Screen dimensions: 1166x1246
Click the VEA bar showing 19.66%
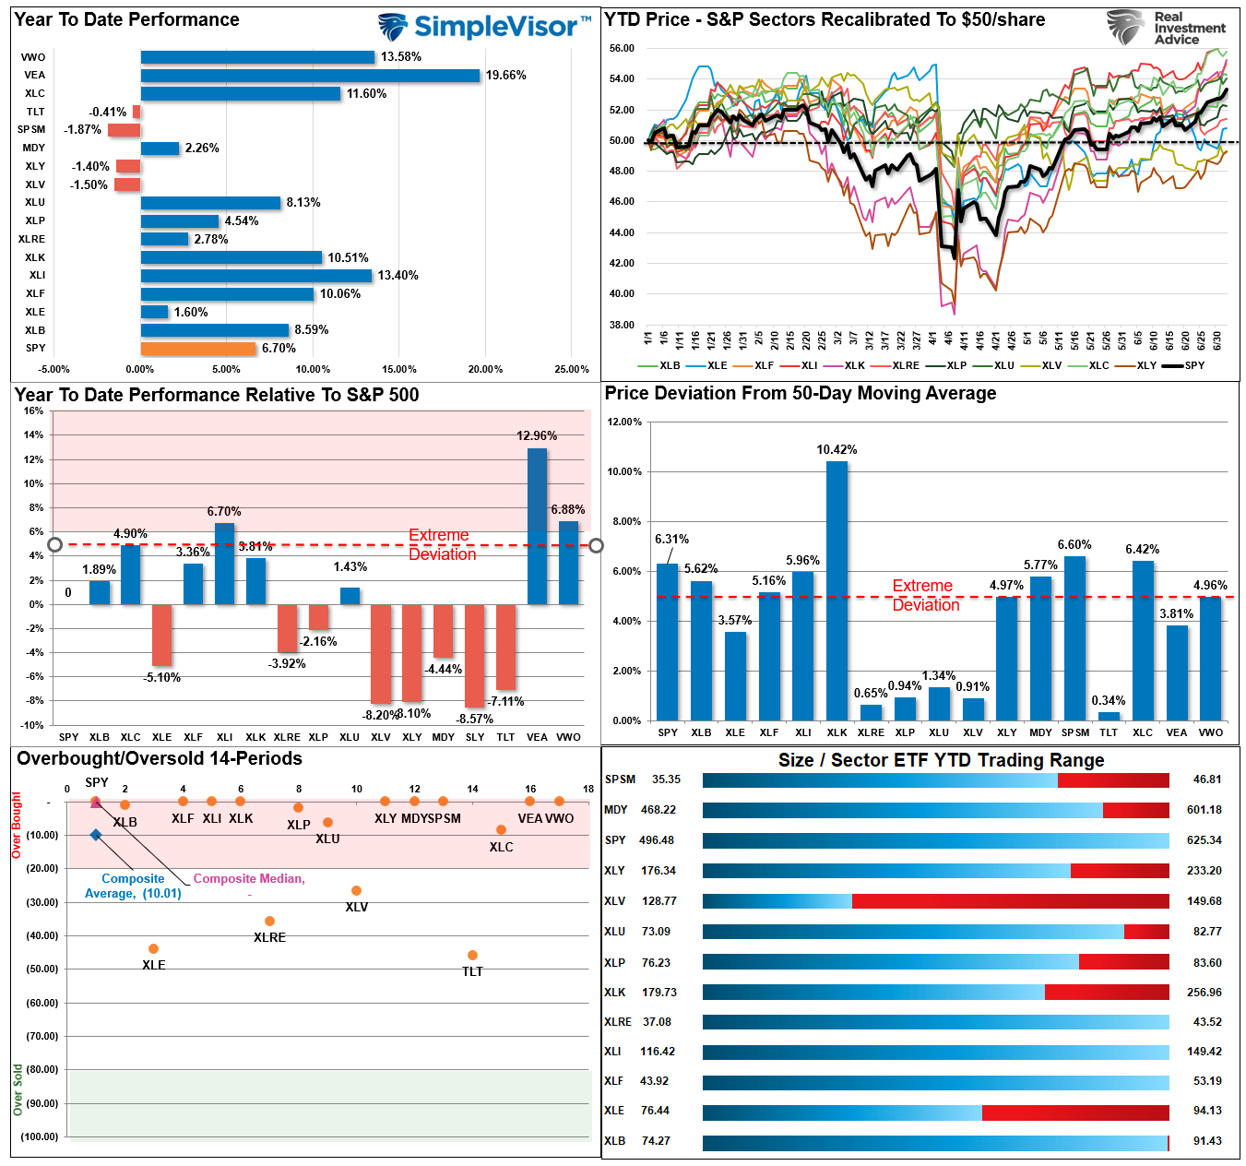(310, 76)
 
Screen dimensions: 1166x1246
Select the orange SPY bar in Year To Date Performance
(198, 349)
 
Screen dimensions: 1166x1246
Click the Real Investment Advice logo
(1167, 28)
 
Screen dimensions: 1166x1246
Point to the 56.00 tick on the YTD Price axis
(622, 48)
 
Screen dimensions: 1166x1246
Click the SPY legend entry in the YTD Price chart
(1184, 366)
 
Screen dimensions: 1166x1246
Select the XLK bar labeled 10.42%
(837, 590)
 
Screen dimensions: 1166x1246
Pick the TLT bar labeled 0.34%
(1109, 716)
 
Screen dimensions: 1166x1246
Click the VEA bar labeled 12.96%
(537, 526)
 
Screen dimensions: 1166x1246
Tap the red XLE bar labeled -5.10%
(161, 635)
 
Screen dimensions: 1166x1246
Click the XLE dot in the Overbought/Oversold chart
(153, 948)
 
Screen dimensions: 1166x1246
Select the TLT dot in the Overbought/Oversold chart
(472, 955)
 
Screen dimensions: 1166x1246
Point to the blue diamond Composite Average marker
(96, 835)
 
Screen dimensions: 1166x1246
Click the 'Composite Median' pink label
(248, 879)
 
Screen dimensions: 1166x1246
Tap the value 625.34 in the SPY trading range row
(1204, 840)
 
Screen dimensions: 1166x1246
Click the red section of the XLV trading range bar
(1010, 901)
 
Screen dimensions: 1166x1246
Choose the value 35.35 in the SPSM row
(666, 779)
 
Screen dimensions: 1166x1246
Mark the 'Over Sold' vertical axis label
(18, 1089)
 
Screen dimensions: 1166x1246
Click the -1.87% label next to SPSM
(82, 130)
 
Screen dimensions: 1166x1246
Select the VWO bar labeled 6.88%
(568, 563)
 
